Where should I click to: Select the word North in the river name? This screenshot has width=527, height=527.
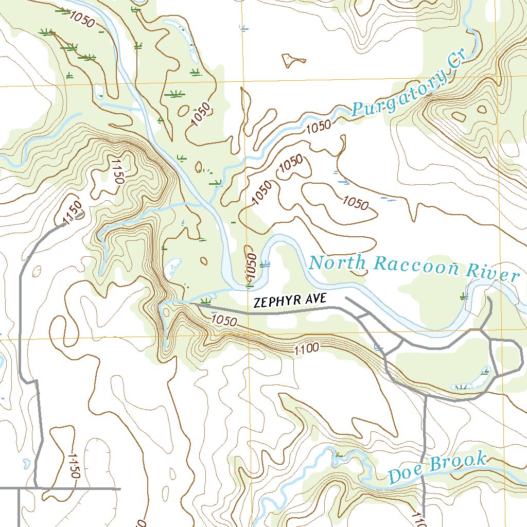(x=338, y=263)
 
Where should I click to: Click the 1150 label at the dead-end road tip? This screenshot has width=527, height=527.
(x=73, y=213)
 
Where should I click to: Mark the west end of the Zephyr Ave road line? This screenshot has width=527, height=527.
(x=191, y=304)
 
